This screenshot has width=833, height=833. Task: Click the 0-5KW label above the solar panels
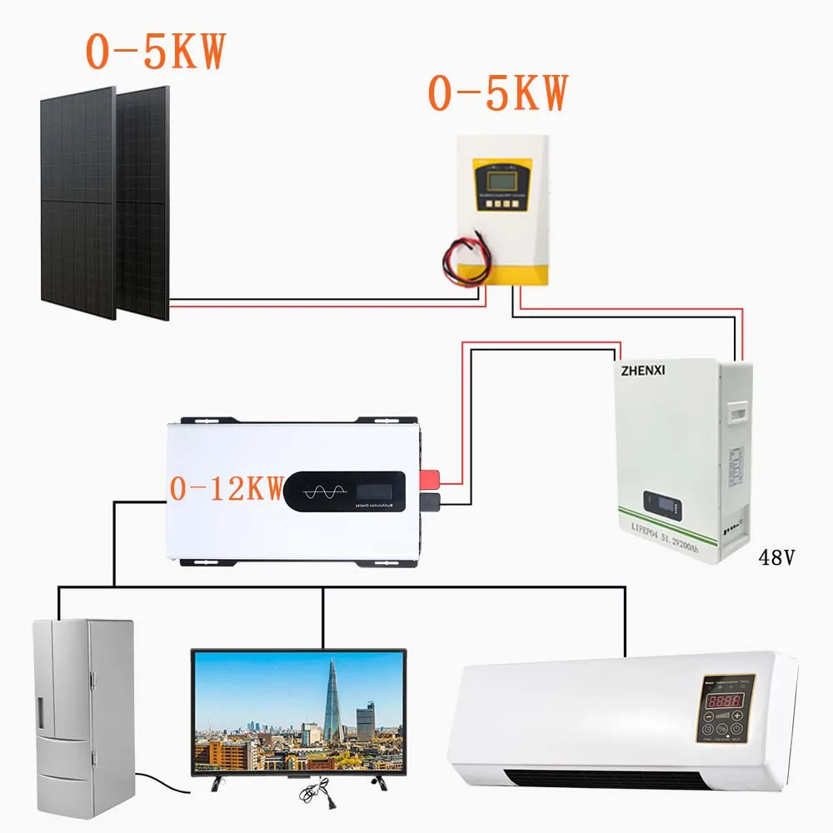(x=155, y=52)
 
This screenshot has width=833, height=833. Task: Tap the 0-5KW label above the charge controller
(x=497, y=92)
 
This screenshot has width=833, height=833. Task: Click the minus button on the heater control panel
(x=709, y=716)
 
